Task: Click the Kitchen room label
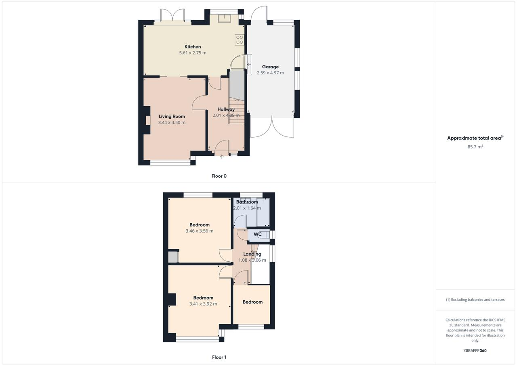[193, 47]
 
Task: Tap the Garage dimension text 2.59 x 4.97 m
[270, 73]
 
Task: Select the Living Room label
[172, 117]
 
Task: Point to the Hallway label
[226, 109]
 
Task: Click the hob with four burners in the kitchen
[240, 40]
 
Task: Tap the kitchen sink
[225, 18]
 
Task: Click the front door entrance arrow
[222, 157]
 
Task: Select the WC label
[258, 234]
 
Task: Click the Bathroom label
[247, 202]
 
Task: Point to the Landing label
[252, 254]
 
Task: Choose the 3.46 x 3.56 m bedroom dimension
[200, 231]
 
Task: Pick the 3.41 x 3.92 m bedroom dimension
[203, 304]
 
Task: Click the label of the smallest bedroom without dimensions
[252, 302]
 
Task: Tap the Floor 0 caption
[219, 176]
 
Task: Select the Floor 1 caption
[219, 357]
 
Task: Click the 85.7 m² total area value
[475, 147]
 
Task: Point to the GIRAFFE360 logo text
[475, 350]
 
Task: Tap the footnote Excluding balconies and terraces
[475, 300]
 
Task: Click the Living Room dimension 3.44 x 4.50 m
[172, 123]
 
